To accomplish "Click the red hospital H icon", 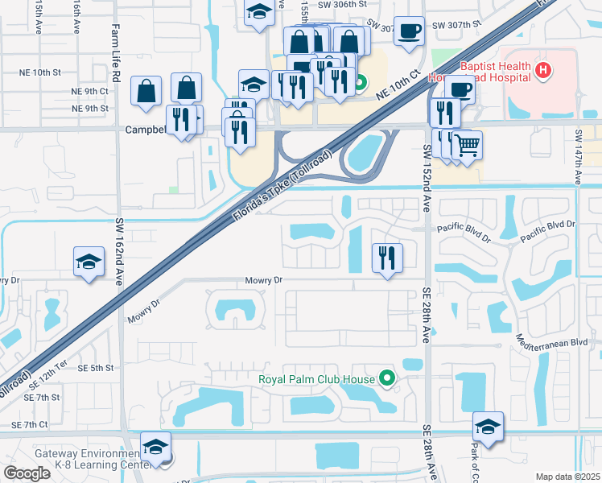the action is (544, 71).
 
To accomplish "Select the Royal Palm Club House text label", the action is (316, 379).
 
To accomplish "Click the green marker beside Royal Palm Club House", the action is (387, 378).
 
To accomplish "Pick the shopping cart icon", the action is (467, 145).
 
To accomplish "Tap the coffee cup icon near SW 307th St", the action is (409, 31).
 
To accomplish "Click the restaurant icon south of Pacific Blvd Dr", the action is (387, 258).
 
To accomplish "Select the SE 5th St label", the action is (97, 368).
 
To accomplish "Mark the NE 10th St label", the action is (41, 72).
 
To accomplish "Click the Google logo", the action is (27, 473).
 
